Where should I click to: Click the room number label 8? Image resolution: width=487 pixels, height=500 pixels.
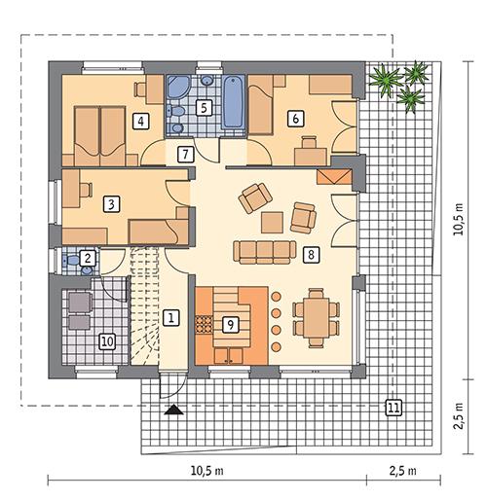(x=311, y=254)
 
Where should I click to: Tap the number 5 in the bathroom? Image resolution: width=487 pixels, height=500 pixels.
(x=204, y=108)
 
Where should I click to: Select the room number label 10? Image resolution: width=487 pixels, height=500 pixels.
(x=107, y=341)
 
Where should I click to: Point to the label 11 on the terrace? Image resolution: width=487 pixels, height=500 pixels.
(x=393, y=408)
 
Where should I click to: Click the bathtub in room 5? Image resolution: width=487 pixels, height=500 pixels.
(x=233, y=102)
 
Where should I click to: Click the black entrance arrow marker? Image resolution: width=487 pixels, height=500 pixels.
(x=173, y=410)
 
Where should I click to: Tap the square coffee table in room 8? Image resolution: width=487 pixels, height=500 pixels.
(x=272, y=223)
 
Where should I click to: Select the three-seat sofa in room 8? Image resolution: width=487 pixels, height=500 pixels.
(x=265, y=252)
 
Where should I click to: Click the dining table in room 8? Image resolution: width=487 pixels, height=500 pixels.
(x=316, y=318)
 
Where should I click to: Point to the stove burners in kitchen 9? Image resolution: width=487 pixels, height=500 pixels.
(x=204, y=324)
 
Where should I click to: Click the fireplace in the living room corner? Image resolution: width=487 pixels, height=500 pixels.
(x=334, y=177)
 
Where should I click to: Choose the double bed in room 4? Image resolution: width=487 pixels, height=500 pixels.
(x=100, y=136)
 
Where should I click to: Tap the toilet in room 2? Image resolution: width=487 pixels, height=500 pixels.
(x=70, y=260)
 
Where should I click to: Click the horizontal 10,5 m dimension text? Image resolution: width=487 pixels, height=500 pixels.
(x=206, y=471)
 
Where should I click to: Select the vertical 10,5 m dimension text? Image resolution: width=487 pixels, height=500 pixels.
(x=459, y=219)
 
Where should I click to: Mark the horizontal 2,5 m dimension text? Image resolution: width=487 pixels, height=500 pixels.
(x=402, y=471)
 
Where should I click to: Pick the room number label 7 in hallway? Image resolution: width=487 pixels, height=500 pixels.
(x=185, y=155)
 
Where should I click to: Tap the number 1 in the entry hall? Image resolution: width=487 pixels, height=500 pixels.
(x=170, y=317)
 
